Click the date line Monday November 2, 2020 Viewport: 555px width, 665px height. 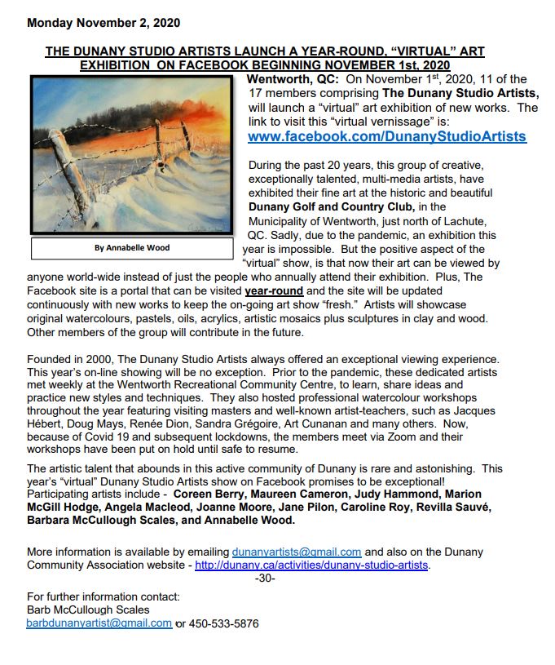pos(104,22)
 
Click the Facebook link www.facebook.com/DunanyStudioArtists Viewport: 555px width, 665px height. pos(386,136)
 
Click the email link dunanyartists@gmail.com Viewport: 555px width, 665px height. pos(297,552)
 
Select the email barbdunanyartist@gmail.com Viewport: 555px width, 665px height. pos(99,623)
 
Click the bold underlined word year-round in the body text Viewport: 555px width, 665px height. pos(274,290)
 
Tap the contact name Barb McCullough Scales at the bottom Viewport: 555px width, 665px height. pos(88,610)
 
